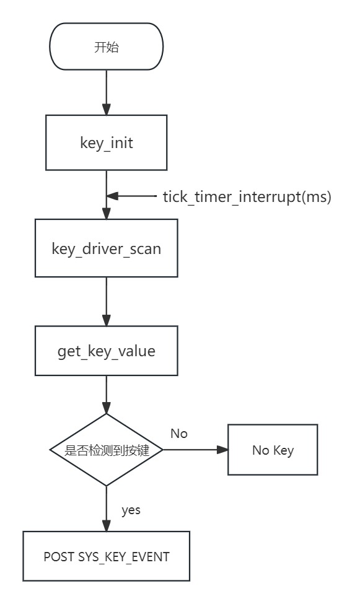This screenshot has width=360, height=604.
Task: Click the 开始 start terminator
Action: point(106,48)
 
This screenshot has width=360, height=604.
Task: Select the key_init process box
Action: point(106,143)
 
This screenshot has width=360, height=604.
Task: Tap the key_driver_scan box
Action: point(106,249)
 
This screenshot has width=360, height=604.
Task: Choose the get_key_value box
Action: point(106,351)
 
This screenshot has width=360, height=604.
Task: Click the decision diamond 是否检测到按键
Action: point(106,450)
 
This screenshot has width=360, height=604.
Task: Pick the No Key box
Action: point(273,450)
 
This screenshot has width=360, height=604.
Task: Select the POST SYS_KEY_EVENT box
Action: point(106,556)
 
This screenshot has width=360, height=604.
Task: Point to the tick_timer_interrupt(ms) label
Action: point(247,197)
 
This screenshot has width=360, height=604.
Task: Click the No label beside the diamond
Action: point(178,434)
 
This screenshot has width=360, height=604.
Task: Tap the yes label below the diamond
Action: point(131,510)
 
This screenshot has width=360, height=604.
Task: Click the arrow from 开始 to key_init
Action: point(106,93)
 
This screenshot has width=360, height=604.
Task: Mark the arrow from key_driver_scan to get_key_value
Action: point(106,302)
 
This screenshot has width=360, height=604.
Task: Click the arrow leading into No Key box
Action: point(196,450)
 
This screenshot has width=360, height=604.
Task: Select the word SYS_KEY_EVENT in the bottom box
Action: point(124,556)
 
